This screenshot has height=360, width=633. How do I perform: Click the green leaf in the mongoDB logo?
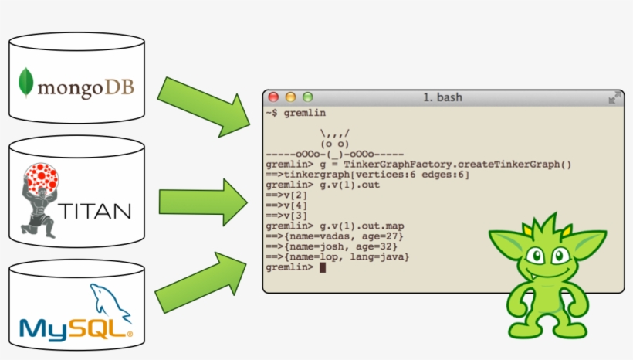tap(29, 83)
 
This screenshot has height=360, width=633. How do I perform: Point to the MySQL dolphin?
tap(110, 302)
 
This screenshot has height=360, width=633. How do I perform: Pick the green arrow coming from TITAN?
tap(201, 202)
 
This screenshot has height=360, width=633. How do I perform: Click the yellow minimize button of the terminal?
tap(290, 97)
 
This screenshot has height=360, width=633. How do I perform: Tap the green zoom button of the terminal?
tap(307, 97)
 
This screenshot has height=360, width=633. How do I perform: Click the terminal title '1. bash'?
tap(443, 97)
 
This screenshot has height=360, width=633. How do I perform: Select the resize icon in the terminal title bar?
tap(613, 98)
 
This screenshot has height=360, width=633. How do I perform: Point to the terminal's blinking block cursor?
tap(323, 267)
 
